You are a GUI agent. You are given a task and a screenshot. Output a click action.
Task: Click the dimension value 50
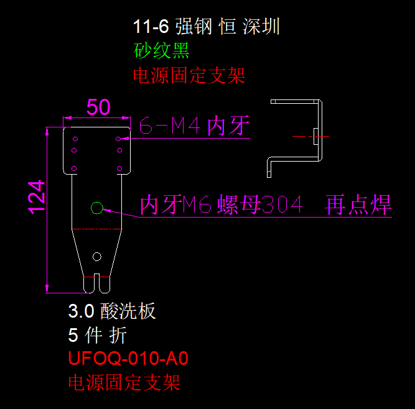coord(98,107)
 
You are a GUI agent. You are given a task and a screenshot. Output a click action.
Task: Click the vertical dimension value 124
coord(36,196)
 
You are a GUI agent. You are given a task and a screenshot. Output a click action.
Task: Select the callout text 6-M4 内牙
coord(194,127)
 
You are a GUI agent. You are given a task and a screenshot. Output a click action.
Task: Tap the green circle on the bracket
coord(96,207)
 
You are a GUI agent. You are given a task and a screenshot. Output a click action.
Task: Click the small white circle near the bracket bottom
coord(96,256)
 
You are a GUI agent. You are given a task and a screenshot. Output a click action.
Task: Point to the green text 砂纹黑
coord(161,50)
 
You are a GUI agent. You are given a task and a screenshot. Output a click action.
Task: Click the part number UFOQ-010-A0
coord(128,359)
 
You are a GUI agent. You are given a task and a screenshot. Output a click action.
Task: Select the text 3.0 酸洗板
coord(112,311)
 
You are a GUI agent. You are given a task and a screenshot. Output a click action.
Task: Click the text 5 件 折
coord(98,335)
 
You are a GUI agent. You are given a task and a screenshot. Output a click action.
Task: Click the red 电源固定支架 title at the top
coord(189,75)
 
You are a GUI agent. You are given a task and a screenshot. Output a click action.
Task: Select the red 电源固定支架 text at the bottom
coord(124,382)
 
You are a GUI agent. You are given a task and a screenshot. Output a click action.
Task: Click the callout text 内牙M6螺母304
coord(221,204)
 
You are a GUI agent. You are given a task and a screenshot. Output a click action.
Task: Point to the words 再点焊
coord(358,204)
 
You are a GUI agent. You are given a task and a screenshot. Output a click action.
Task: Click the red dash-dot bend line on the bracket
coord(96,229)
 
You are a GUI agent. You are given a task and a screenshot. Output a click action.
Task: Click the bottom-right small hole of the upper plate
coord(118,168)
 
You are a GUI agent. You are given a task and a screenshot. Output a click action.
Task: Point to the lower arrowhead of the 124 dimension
coord(48,288)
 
